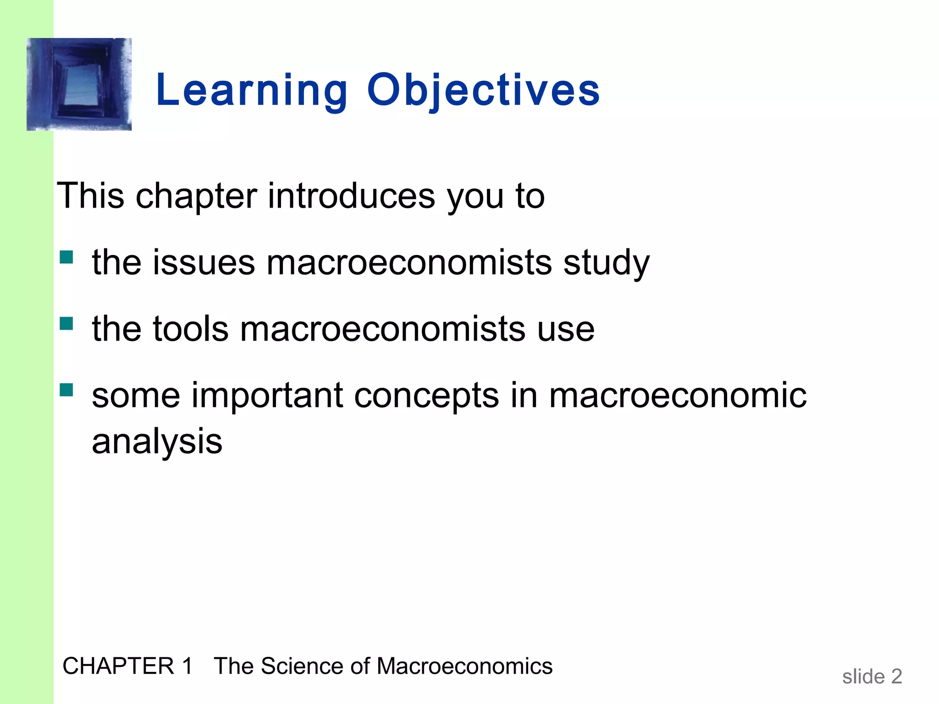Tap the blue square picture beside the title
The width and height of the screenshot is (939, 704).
point(79,84)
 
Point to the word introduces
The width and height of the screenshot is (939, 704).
point(351,196)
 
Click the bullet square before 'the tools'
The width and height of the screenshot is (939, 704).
point(66,324)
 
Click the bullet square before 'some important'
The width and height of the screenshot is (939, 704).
point(66,390)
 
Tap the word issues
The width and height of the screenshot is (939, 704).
point(204,263)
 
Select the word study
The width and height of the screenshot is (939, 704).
point(606,264)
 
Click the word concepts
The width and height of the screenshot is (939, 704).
point(426,396)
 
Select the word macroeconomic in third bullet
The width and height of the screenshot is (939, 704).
point(677,396)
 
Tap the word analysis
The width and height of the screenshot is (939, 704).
point(157,442)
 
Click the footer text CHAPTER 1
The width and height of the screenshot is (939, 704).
point(127,666)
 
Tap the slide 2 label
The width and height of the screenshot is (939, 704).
point(872,676)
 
